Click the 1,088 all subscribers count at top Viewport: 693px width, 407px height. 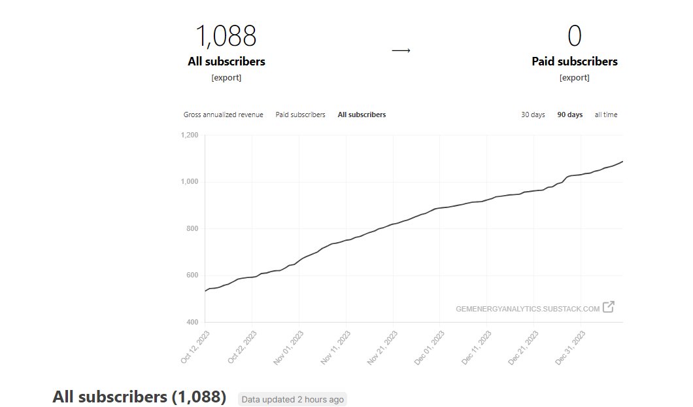(226, 36)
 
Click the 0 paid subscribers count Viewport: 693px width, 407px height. (574, 36)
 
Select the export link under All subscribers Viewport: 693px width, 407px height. (226, 77)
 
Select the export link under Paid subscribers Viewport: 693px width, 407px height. (574, 77)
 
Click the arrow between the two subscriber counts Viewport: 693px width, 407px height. (401, 50)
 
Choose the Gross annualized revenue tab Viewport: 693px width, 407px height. (223, 115)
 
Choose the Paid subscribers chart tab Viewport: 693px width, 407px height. (300, 115)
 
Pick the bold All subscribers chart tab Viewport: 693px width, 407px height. (362, 115)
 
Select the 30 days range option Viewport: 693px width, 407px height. (533, 115)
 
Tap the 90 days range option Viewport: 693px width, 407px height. (569, 115)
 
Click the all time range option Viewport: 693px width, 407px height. (605, 115)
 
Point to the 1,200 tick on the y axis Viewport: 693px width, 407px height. (189, 135)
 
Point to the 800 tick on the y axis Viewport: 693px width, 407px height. (191, 228)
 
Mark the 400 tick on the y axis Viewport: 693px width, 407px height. (191, 322)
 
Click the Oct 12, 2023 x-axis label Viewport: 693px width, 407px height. (194, 347)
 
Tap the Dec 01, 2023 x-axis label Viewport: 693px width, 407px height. (430, 347)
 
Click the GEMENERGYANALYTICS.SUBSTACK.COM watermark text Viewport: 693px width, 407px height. (528, 309)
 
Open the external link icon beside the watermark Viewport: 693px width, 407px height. (609, 307)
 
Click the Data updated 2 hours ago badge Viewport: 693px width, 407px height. (292, 399)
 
